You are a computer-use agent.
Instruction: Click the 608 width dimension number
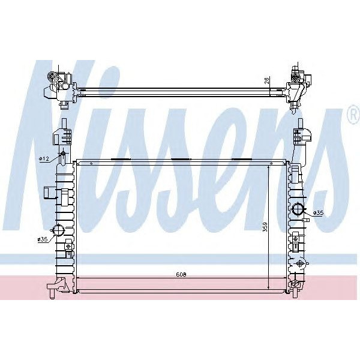[181, 275]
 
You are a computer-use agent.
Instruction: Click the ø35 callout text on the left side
[42, 239]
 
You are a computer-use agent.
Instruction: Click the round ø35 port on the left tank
[59, 231]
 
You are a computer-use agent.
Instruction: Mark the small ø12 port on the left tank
[61, 158]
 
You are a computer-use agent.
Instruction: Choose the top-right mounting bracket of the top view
[298, 84]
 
